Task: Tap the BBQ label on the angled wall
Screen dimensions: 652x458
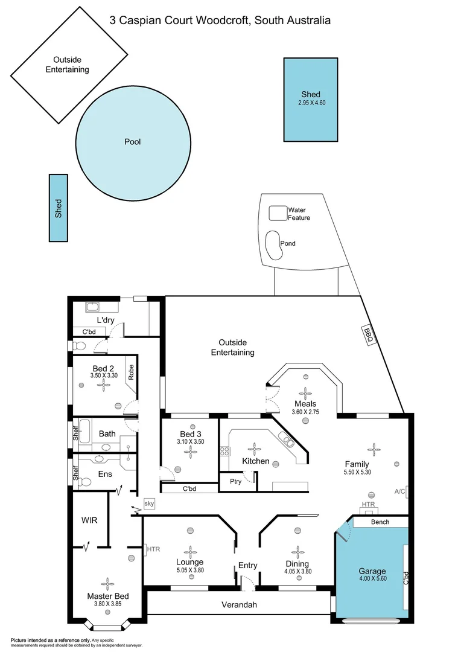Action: coord(367,334)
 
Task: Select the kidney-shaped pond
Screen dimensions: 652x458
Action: coord(273,243)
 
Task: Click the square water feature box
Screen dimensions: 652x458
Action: coord(278,213)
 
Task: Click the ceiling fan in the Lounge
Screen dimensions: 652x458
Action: coord(190,552)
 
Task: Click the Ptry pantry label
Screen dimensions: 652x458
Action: coord(235,481)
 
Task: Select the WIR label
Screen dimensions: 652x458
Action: coord(89,520)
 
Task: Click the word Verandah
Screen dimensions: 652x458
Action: coord(240,604)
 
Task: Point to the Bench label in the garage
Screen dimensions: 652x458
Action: coord(380,522)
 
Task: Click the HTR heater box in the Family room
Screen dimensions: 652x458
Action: coord(368,505)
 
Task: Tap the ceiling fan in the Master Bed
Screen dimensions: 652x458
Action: coord(108,583)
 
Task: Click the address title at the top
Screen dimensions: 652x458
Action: coord(220,21)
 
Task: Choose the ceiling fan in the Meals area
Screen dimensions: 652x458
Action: coord(305,392)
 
